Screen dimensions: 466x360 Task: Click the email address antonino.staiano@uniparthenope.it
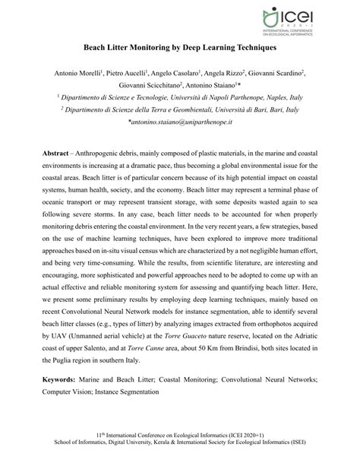(x=179, y=122)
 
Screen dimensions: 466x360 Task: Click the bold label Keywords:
(x=65, y=378)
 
